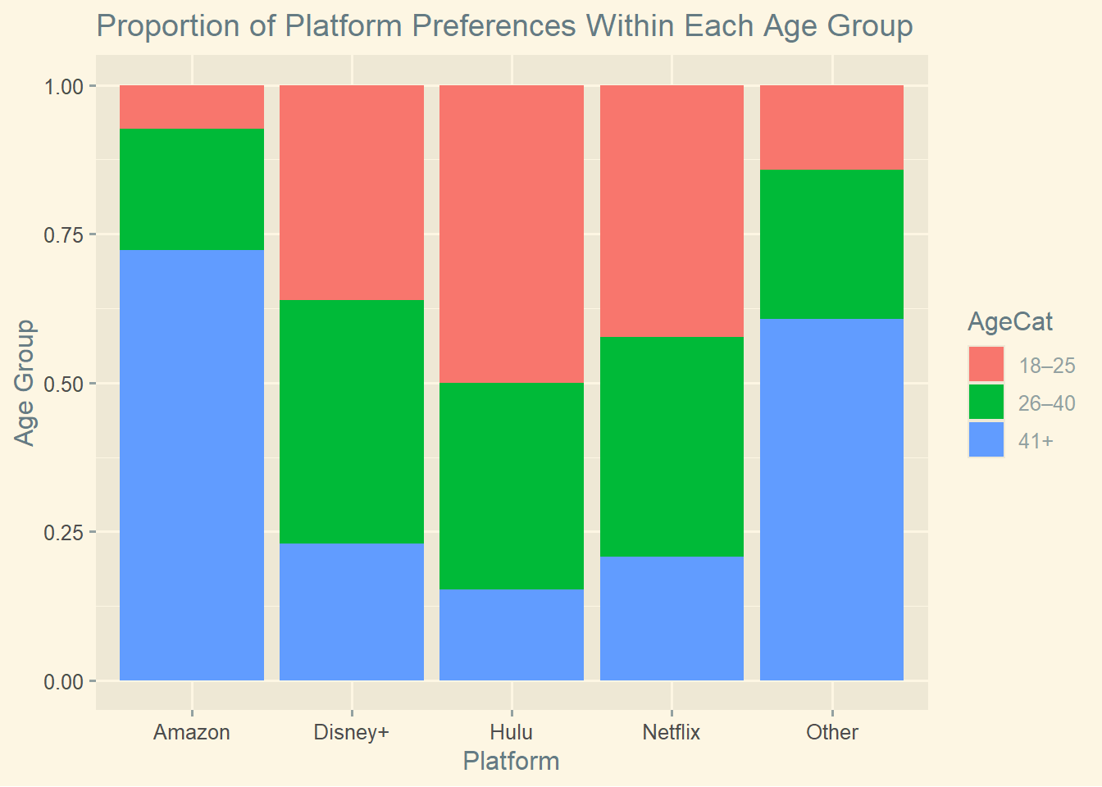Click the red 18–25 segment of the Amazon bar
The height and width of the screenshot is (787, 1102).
(192, 107)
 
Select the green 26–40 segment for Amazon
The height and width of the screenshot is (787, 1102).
(192, 189)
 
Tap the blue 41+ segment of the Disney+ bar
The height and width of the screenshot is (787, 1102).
(352, 612)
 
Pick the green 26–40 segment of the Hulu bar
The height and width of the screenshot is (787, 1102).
(512, 486)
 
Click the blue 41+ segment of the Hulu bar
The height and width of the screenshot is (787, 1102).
(512, 635)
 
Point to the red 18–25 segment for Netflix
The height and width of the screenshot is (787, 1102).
(672, 211)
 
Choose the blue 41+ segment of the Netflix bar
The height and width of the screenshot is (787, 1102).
(672, 618)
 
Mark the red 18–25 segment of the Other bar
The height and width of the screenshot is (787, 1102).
(831, 127)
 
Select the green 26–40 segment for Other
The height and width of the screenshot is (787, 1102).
(831, 244)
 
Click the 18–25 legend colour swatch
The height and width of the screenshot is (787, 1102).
(986, 365)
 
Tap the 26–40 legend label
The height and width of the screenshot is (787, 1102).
(1046, 403)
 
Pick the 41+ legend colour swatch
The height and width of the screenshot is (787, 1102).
(986, 440)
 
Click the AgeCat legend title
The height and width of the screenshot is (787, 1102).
(1010, 321)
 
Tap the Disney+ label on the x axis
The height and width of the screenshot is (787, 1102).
(352, 732)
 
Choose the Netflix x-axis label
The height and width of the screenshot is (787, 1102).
(672, 732)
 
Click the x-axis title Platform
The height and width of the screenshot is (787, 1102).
(511, 761)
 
